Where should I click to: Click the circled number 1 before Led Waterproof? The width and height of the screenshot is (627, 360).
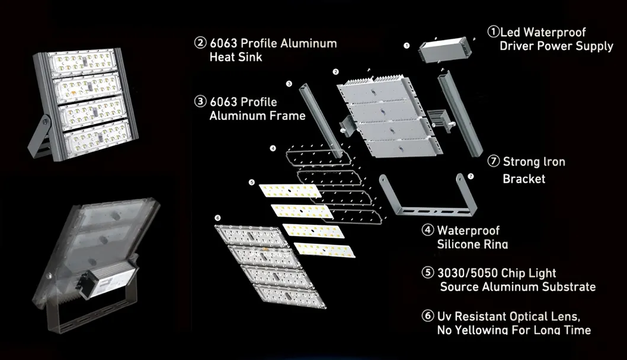(492, 31)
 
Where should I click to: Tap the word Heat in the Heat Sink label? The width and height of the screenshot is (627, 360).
(223, 58)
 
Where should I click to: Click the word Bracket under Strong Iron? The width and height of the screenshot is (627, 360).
(524, 179)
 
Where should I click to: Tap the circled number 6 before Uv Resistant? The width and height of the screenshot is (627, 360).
(427, 316)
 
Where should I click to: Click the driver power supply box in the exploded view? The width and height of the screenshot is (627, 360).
(443, 51)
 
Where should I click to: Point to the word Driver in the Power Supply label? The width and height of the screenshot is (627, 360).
(516, 46)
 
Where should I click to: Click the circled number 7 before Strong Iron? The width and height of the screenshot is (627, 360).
(493, 161)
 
